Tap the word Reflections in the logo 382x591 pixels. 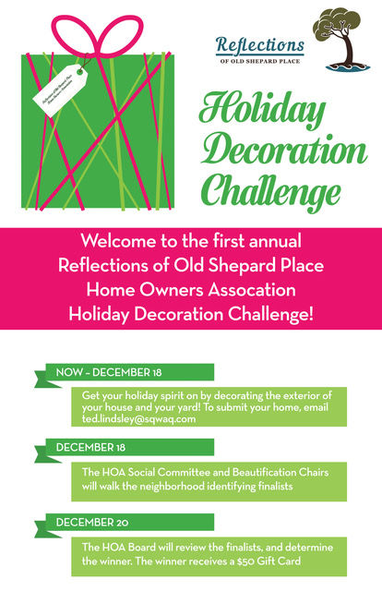259,44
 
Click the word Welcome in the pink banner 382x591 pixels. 120,241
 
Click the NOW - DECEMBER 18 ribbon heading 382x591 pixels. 109,372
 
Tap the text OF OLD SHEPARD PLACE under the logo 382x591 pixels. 261,62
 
